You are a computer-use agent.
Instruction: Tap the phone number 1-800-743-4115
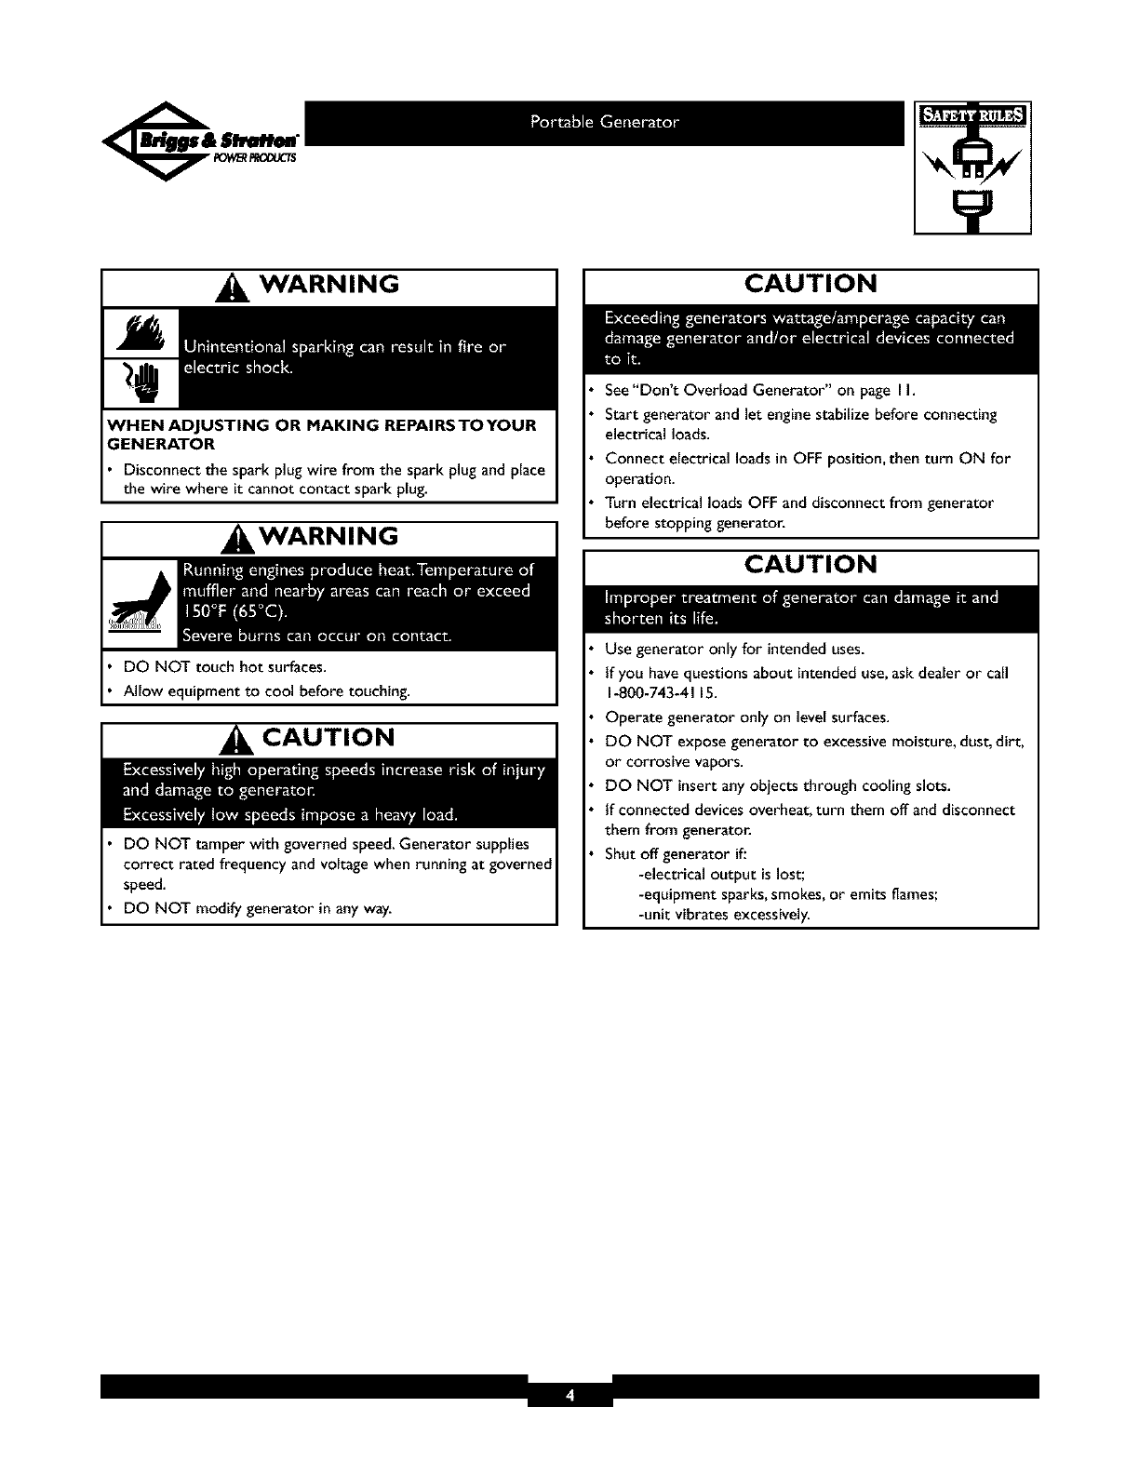click(662, 693)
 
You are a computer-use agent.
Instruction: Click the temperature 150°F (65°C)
click(236, 612)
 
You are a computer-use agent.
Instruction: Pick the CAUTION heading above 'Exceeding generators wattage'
click(811, 284)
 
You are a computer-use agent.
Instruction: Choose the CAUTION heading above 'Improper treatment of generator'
click(811, 565)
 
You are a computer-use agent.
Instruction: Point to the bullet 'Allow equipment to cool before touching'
click(267, 690)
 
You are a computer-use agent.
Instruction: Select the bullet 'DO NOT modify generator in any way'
click(258, 908)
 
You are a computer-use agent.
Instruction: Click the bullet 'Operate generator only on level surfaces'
click(747, 717)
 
